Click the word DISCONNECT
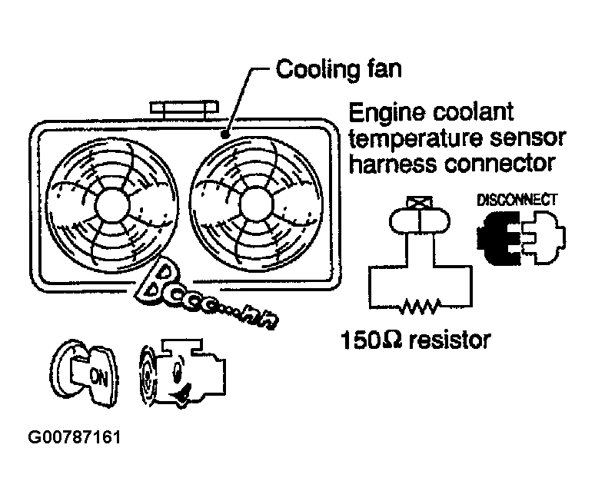coord(517,200)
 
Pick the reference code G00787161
coord(75,440)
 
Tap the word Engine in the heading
coord(389,114)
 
